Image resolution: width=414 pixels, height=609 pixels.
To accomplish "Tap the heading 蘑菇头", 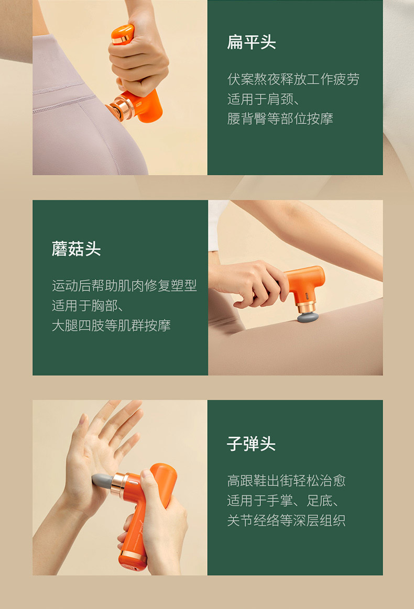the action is point(76,249).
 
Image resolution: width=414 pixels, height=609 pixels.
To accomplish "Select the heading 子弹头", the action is point(252,444).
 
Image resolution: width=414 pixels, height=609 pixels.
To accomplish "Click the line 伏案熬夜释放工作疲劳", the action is point(293,79).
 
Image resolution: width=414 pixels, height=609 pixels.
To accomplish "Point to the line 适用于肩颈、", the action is point(264,99).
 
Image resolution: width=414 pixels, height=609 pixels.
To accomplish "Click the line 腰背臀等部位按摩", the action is point(280,119).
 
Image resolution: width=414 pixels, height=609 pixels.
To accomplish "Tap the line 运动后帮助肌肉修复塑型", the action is point(124,286).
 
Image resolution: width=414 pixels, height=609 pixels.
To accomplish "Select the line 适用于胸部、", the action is point(88,306).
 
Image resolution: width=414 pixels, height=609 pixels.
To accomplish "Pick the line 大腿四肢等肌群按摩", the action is point(111,326).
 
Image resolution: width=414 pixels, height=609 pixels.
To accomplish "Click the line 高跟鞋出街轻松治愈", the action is point(287,481).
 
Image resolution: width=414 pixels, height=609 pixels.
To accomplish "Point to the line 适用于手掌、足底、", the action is point(284,501).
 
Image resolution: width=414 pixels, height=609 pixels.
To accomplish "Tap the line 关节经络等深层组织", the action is point(287,521).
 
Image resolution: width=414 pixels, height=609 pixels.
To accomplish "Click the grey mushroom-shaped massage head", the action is point(308,317).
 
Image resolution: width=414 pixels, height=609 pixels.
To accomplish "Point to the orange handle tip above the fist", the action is point(123,34).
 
